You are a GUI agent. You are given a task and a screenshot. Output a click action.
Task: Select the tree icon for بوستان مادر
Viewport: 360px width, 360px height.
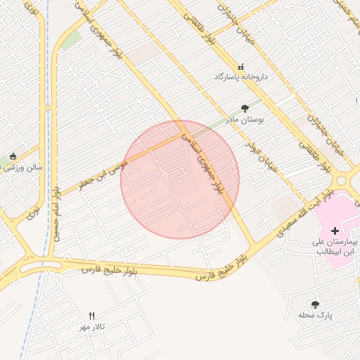coord(245,108)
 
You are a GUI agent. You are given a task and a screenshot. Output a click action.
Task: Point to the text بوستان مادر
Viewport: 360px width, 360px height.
coord(245,120)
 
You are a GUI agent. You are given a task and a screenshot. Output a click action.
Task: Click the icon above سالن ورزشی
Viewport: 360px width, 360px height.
coord(13,157)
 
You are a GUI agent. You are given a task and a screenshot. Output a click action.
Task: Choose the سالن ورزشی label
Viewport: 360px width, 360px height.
coord(24,168)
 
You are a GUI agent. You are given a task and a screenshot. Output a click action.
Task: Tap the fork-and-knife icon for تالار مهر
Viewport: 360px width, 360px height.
coord(92,316)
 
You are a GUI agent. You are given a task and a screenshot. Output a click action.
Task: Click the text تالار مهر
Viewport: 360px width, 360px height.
coord(92,328)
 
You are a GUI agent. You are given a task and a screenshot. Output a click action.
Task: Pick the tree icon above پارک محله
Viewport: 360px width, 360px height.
coord(314,304)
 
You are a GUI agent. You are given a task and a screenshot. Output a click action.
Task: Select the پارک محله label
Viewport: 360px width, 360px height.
coord(314,316)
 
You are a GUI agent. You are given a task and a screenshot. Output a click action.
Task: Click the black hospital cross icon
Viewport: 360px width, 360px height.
coord(335,230)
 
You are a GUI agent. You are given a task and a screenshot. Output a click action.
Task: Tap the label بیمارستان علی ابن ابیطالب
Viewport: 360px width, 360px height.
coord(335,245)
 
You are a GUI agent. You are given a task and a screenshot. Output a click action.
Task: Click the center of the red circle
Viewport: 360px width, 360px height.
coord(180,179)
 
